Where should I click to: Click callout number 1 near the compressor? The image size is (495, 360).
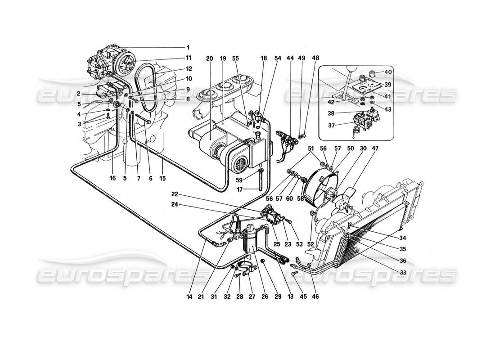pyautogui.click(x=188, y=47)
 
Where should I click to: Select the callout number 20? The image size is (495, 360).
pyautogui.click(x=209, y=58)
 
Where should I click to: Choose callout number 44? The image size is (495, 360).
pyautogui.click(x=290, y=58)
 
